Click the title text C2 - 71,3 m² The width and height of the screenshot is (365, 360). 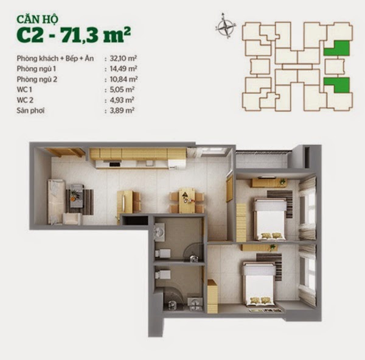pos(74,35)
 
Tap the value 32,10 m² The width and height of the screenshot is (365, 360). pos(123,58)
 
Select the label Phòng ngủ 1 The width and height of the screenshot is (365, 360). pos(36,69)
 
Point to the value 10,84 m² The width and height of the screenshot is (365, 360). pos(123,79)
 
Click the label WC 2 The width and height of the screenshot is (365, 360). pos(25,100)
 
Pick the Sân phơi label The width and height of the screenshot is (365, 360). pos(30,110)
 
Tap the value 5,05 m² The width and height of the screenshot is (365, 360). pos(122,90)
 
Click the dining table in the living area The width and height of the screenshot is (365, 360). pos(187,201)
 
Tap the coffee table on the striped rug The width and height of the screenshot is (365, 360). pos(77,196)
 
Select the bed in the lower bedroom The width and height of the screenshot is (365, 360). pos(259,283)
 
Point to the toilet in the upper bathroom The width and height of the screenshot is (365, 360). pos(162,253)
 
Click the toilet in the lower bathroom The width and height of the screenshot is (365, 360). pos(162,274)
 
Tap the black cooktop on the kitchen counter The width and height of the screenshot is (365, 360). pos(115,164)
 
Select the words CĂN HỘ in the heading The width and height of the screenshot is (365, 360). pos(37,19)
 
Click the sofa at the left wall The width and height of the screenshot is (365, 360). pos(56,202)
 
